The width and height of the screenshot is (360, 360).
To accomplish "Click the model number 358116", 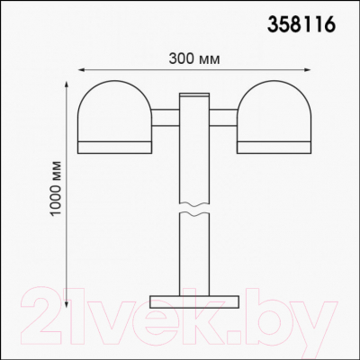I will [303, 25].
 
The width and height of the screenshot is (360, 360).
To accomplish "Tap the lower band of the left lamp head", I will [113, 144].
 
